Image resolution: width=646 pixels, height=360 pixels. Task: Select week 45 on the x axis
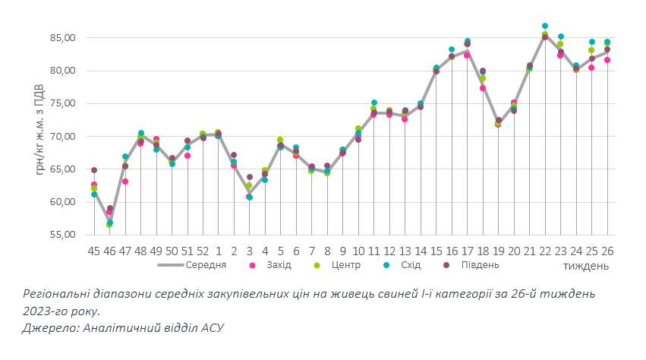click(x=94, y=250)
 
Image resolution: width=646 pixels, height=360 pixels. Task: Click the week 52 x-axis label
click(x=203, y=250)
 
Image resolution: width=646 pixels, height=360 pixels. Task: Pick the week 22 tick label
click(x=545, y=250)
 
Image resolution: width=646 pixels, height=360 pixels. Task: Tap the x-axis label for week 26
click(x=607, y=250)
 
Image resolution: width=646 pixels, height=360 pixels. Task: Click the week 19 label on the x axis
click(x=498, y=250)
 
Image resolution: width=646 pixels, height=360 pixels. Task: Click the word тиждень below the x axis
click(x=586, y=267)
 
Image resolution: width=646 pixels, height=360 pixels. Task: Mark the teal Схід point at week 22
click(x=545, y=26)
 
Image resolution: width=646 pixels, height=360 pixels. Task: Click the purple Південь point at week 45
click(x=94, y=170)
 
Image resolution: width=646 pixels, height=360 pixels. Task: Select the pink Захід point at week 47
click(x=125, y=182)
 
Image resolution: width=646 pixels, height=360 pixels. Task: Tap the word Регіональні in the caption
click(x=58, y=293)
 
